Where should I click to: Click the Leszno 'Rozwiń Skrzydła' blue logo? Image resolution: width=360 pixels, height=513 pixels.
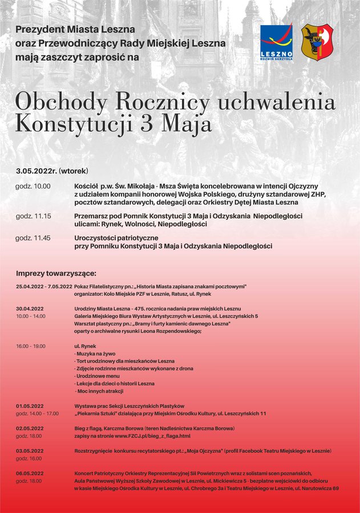(277, 43)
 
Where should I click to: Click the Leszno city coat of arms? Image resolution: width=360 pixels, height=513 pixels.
(317, 43)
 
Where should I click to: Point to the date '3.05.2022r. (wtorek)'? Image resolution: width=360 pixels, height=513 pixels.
(52, 171)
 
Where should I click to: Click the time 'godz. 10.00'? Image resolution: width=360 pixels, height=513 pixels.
(33, 186)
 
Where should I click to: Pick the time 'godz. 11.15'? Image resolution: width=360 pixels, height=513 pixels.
(33, 216)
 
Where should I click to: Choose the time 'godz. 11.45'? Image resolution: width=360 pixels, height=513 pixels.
(33, 238)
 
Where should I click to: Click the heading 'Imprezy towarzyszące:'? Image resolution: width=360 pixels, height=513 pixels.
(56, 273)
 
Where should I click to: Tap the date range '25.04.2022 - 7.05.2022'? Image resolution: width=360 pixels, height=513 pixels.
(44, 287)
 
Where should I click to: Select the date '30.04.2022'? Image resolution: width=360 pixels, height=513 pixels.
(30, 308)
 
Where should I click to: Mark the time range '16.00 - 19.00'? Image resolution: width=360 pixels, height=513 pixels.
(31, 346)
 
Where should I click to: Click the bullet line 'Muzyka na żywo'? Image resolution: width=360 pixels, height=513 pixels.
(94, 354)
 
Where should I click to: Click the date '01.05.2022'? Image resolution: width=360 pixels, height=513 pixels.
(30, 406)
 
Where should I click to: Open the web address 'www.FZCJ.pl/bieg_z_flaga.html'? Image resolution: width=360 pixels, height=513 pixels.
(152, 436)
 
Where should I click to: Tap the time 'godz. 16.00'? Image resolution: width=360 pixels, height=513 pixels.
(29, 458)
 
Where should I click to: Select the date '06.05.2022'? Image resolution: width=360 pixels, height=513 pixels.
(30, 473)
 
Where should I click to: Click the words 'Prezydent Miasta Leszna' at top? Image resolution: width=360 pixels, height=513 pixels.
(75, 29)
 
